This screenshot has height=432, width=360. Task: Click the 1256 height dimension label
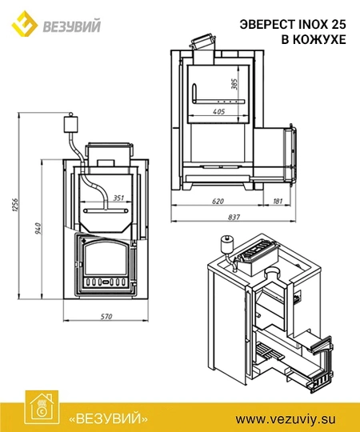coord(15,205)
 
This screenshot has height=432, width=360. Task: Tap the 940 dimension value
coord(38,228)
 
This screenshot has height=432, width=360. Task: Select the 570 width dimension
coord(106,317)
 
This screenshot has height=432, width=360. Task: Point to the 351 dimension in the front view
coord(118,198)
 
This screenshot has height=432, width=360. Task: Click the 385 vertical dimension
coord(234,84)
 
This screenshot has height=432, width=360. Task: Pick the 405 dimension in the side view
coord(219,111)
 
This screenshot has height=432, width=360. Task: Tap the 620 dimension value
coord(218,201)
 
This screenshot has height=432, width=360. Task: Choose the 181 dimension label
coord(278,201)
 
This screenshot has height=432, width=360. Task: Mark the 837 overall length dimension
coord(234,218)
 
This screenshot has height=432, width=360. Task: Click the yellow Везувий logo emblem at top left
coord(25,24)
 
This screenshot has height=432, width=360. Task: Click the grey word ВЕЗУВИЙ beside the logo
coord(72,26)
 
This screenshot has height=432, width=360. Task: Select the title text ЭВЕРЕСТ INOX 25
coord(293,25)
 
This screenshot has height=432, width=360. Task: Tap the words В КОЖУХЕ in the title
coord(314,40)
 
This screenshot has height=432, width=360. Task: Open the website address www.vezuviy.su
coord(286,419)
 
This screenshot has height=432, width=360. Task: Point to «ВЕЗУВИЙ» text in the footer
coord(108,418)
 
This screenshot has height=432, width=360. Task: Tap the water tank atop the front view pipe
coord(70,123)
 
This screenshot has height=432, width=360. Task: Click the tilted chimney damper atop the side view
coord(202,42)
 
